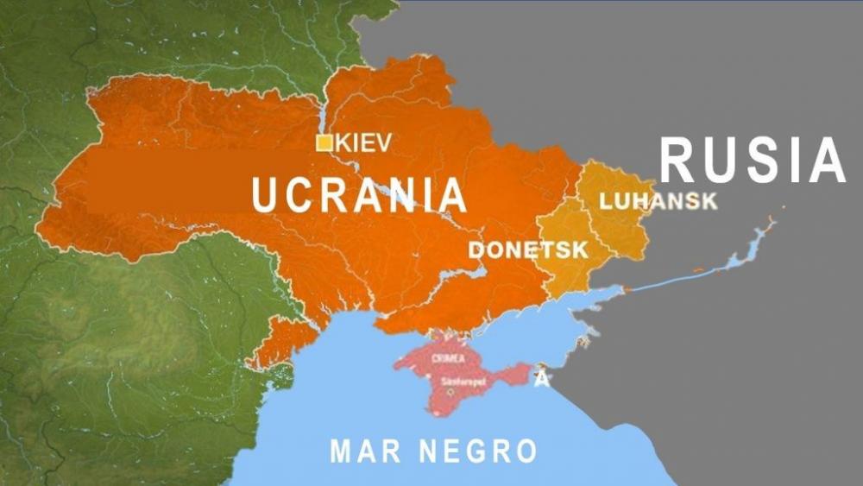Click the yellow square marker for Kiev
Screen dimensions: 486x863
(x=324, y=143)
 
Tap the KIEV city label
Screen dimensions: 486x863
(x=363, y=142)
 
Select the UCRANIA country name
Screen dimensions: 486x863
(x=359, y=195)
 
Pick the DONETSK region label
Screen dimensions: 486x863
(x=527, y=250)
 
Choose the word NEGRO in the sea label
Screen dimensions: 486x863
(x=479, y=450)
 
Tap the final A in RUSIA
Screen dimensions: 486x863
(x=827, y=161)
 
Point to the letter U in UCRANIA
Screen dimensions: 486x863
(x=265, y=195)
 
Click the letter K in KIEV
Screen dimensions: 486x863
(x=343, y=142)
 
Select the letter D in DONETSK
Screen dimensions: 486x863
(x=476, y=250)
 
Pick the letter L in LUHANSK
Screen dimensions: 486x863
(x=605, y=202)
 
